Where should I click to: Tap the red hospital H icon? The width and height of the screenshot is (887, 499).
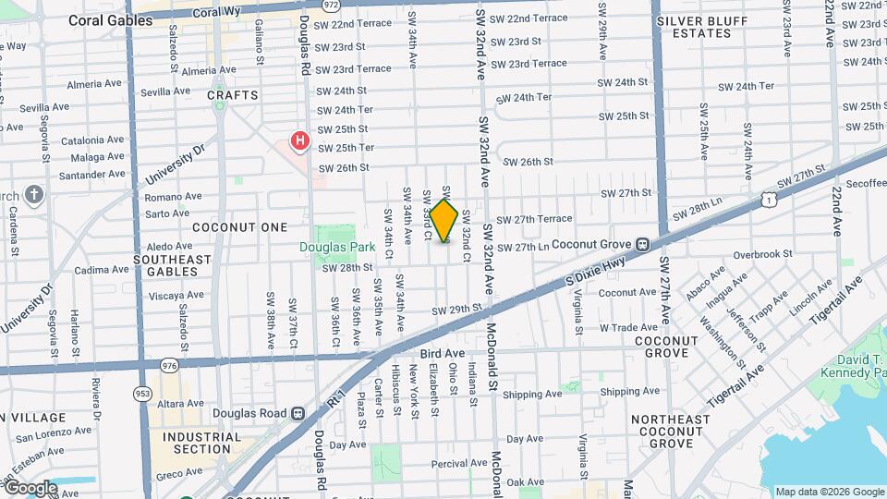(300, 141)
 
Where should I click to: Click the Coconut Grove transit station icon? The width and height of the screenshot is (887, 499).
(640, 245)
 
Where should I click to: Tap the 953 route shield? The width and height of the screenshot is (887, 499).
(142, 394)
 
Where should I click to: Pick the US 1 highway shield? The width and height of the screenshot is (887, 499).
(769, 199)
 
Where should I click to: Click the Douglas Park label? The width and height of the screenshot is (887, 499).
(337, 247)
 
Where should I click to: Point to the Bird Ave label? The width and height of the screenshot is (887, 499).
(442, 353)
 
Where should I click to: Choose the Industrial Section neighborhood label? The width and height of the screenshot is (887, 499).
(201, 443)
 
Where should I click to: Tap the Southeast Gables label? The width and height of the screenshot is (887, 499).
(173, 266)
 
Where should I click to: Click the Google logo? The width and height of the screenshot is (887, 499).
(30, 488)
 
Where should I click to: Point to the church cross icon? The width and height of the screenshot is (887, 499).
(34, 195)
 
